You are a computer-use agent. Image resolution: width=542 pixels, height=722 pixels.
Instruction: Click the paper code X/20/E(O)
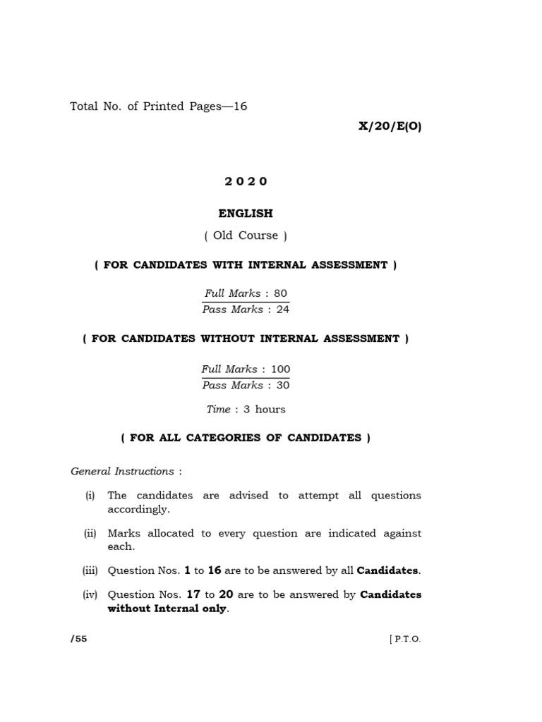(x=390, y=127)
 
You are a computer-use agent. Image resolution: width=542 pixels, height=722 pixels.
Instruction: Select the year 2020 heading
(x=246, y=181)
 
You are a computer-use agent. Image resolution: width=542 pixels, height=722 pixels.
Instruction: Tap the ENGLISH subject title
(x=246, y=213)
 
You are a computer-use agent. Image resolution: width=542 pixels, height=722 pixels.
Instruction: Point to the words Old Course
(x=246, y=235)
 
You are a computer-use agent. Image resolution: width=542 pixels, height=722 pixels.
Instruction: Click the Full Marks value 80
(x=280, y=293)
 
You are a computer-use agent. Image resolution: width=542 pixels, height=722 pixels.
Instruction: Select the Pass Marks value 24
(x=282, y=310)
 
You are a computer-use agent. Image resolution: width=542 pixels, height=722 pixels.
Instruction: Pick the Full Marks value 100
(x=280, y=369)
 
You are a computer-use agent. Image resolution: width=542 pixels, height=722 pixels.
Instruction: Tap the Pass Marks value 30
(x=282, y=385)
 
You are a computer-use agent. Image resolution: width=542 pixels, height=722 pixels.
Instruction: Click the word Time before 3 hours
(x=218, y=409)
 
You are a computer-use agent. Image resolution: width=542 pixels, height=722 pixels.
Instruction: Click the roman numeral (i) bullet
(x=90, y=495)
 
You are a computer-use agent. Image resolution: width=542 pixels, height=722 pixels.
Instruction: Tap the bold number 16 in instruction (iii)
(x=215, y=570)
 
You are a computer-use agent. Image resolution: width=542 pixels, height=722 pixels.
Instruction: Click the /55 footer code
(x=78, y=639)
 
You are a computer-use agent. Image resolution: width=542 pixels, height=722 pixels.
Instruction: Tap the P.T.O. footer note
(x=405, y=640)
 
